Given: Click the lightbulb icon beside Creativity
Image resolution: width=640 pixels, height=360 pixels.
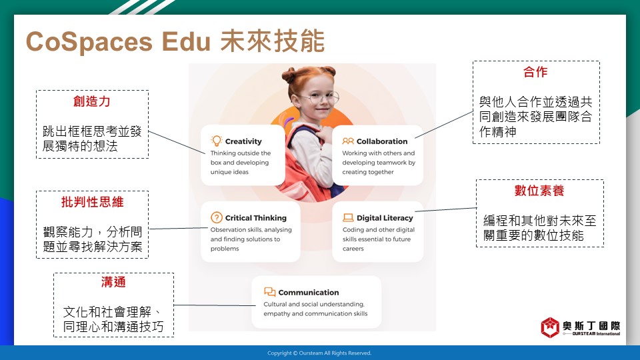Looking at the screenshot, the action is pos(216,141).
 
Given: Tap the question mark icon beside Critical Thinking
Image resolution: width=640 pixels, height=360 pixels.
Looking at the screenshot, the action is pos(216,217).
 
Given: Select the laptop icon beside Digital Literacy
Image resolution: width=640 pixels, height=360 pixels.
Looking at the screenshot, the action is pos(348,217).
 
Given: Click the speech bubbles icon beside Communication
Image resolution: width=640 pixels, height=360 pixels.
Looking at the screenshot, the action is pos(270,292).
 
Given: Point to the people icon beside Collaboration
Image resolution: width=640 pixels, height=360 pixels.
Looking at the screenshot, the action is pos(348,141).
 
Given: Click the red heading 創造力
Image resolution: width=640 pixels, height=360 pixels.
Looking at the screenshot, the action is pos(92,101).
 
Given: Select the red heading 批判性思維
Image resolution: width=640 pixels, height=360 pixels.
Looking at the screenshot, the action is pos(92,201).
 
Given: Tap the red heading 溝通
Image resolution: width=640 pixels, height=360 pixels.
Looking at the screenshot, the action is pos(113,281).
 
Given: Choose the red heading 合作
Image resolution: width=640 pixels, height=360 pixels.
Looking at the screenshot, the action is pos(535,72).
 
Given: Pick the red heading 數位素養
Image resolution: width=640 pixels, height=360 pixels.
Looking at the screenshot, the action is pos(539,190).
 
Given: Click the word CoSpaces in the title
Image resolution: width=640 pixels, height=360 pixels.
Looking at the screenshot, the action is pos(89,41).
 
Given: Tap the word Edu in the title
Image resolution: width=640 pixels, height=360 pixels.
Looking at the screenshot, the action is pos(186,41).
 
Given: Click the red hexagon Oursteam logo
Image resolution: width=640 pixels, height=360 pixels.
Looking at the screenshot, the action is pos(550,327).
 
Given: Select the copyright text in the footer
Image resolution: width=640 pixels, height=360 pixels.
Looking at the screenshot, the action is pos(319,353).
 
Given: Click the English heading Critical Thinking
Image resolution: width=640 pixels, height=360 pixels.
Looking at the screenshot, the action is pos(256,218).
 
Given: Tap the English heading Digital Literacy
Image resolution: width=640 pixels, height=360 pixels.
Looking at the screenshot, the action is pos(385,218).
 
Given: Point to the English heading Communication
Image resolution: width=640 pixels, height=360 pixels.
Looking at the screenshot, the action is pos(309,292).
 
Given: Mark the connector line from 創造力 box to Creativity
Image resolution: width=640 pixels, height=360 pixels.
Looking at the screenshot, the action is pos(177,143).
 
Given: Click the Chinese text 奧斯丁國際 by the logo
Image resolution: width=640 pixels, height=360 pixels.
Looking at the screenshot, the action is pos(591,325).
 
